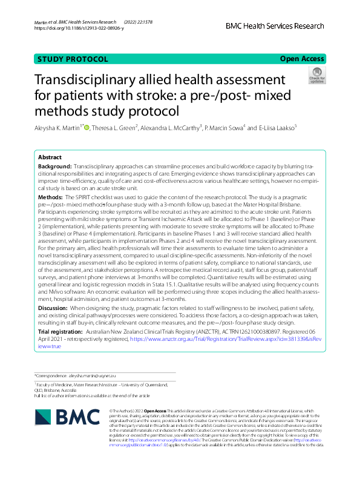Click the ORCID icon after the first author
88,127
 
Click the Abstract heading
50,156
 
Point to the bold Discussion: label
54,308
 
